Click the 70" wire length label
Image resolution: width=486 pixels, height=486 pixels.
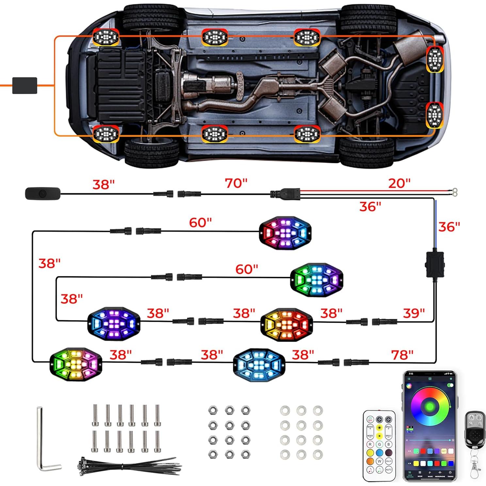click(x=236, y=183)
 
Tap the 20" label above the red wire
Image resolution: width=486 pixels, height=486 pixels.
click(x=399, y=183)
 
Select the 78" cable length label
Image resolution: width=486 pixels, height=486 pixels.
click(x=402, y=354)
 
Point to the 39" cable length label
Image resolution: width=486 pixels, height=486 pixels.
click(x=413, y=313)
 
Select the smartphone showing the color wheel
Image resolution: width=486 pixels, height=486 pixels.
click(x=429, y=426)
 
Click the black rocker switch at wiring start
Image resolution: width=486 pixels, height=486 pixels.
click(x=43, y=194)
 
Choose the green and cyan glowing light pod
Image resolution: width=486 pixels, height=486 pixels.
click(x=316, y=280)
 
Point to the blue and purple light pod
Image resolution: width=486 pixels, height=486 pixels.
click(x=114, y=323)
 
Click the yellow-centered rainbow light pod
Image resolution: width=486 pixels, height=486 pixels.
click(x=76, y=364)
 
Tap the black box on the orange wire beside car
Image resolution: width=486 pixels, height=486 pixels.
click(x=24, y=86)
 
